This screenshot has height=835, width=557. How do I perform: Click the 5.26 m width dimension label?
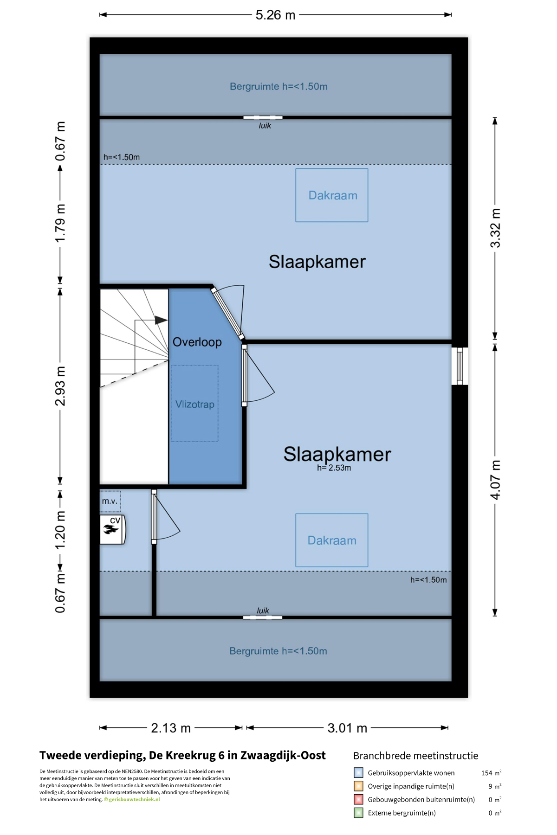click(x=275, y=15)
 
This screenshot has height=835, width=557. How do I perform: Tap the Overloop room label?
click(x=197, y=342)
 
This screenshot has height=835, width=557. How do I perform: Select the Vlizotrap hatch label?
click(x=195, y=405)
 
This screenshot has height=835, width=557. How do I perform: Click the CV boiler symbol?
click(x=112, y=529)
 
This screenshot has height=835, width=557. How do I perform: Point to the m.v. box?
click(x=110, y=501)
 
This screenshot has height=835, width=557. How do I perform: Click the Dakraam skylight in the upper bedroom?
click(x=332, y=195)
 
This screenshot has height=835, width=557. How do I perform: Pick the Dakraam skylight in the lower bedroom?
click(x=332, y=540)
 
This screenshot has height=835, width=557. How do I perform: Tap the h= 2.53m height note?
click(x=334, y=468)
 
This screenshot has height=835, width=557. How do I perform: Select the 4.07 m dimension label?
click(x=495, y=480)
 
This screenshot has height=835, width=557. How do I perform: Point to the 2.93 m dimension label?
click(x=60, y=386)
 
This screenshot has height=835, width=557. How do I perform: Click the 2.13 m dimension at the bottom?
click(x=171, y=728)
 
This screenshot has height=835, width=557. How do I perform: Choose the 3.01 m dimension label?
click(x=347, y=728)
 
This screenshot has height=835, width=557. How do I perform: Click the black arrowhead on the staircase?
click(x=161, y=320)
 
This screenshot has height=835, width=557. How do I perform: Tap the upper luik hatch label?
click(x=265, y=126)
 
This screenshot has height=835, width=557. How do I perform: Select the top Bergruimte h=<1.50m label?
click(x=278, y=87)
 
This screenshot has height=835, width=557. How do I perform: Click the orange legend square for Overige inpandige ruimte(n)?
click(x=358, y=786)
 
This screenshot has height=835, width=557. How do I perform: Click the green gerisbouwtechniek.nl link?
click(x=134, y=800)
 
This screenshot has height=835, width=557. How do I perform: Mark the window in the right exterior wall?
click(x=460, y=366)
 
